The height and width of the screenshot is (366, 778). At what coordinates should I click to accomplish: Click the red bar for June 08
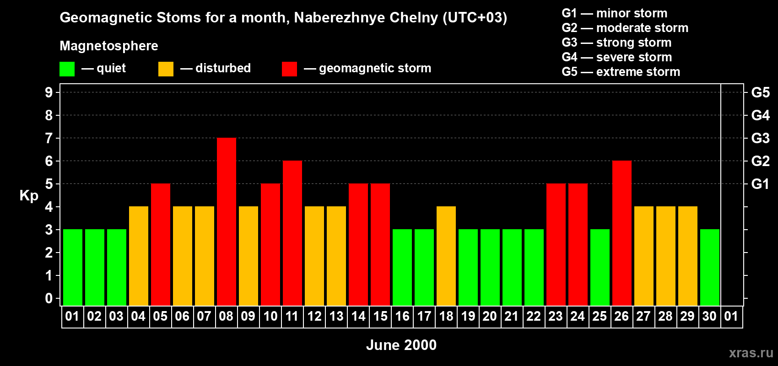[227, 222]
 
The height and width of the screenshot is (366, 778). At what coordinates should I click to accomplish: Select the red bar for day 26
[622, 233]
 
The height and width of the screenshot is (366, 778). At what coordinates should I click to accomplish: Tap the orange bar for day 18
[446, 256]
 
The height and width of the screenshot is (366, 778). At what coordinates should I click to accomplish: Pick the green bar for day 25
[600, 268]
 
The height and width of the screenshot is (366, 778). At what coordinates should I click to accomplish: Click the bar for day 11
[292, 233]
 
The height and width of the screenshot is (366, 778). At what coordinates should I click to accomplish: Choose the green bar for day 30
[710, 268]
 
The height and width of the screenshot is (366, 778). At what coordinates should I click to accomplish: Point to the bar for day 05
[161, 245]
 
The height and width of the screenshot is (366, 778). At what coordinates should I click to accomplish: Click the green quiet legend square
[67, 69]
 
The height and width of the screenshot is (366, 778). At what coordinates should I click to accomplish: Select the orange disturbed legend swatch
[166, 69]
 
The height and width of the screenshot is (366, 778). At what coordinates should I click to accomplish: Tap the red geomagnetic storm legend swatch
[289, 69]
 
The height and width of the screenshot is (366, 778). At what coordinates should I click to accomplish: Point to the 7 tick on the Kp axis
[49, 138]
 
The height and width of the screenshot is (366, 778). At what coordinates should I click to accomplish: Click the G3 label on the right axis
[760, 138]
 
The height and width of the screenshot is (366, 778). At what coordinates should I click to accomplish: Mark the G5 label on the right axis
[760, 92]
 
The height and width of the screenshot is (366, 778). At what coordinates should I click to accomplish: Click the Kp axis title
[29, 196]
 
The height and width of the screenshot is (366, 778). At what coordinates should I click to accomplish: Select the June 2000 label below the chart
[401, 345]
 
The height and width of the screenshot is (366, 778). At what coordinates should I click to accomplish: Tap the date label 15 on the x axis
[380, 317]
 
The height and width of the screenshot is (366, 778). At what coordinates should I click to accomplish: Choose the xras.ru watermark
[751, 353]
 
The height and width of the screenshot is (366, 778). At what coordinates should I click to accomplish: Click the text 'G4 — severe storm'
[616, 57]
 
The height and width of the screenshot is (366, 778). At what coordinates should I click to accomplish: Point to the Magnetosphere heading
[109, 46]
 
